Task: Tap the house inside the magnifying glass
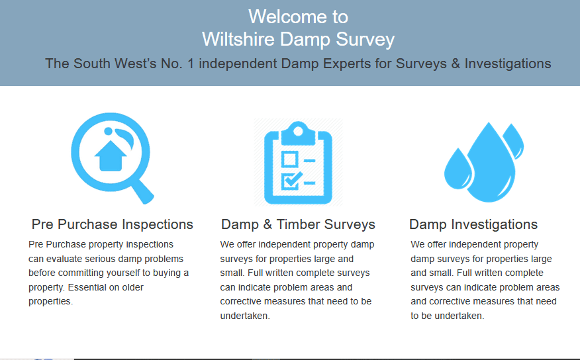[111, 157]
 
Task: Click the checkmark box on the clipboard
[289, 180]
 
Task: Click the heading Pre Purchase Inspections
[113, 224]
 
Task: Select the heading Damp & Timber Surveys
[298, 224]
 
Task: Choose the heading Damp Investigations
[473, 224]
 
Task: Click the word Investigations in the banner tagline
[508, 64]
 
